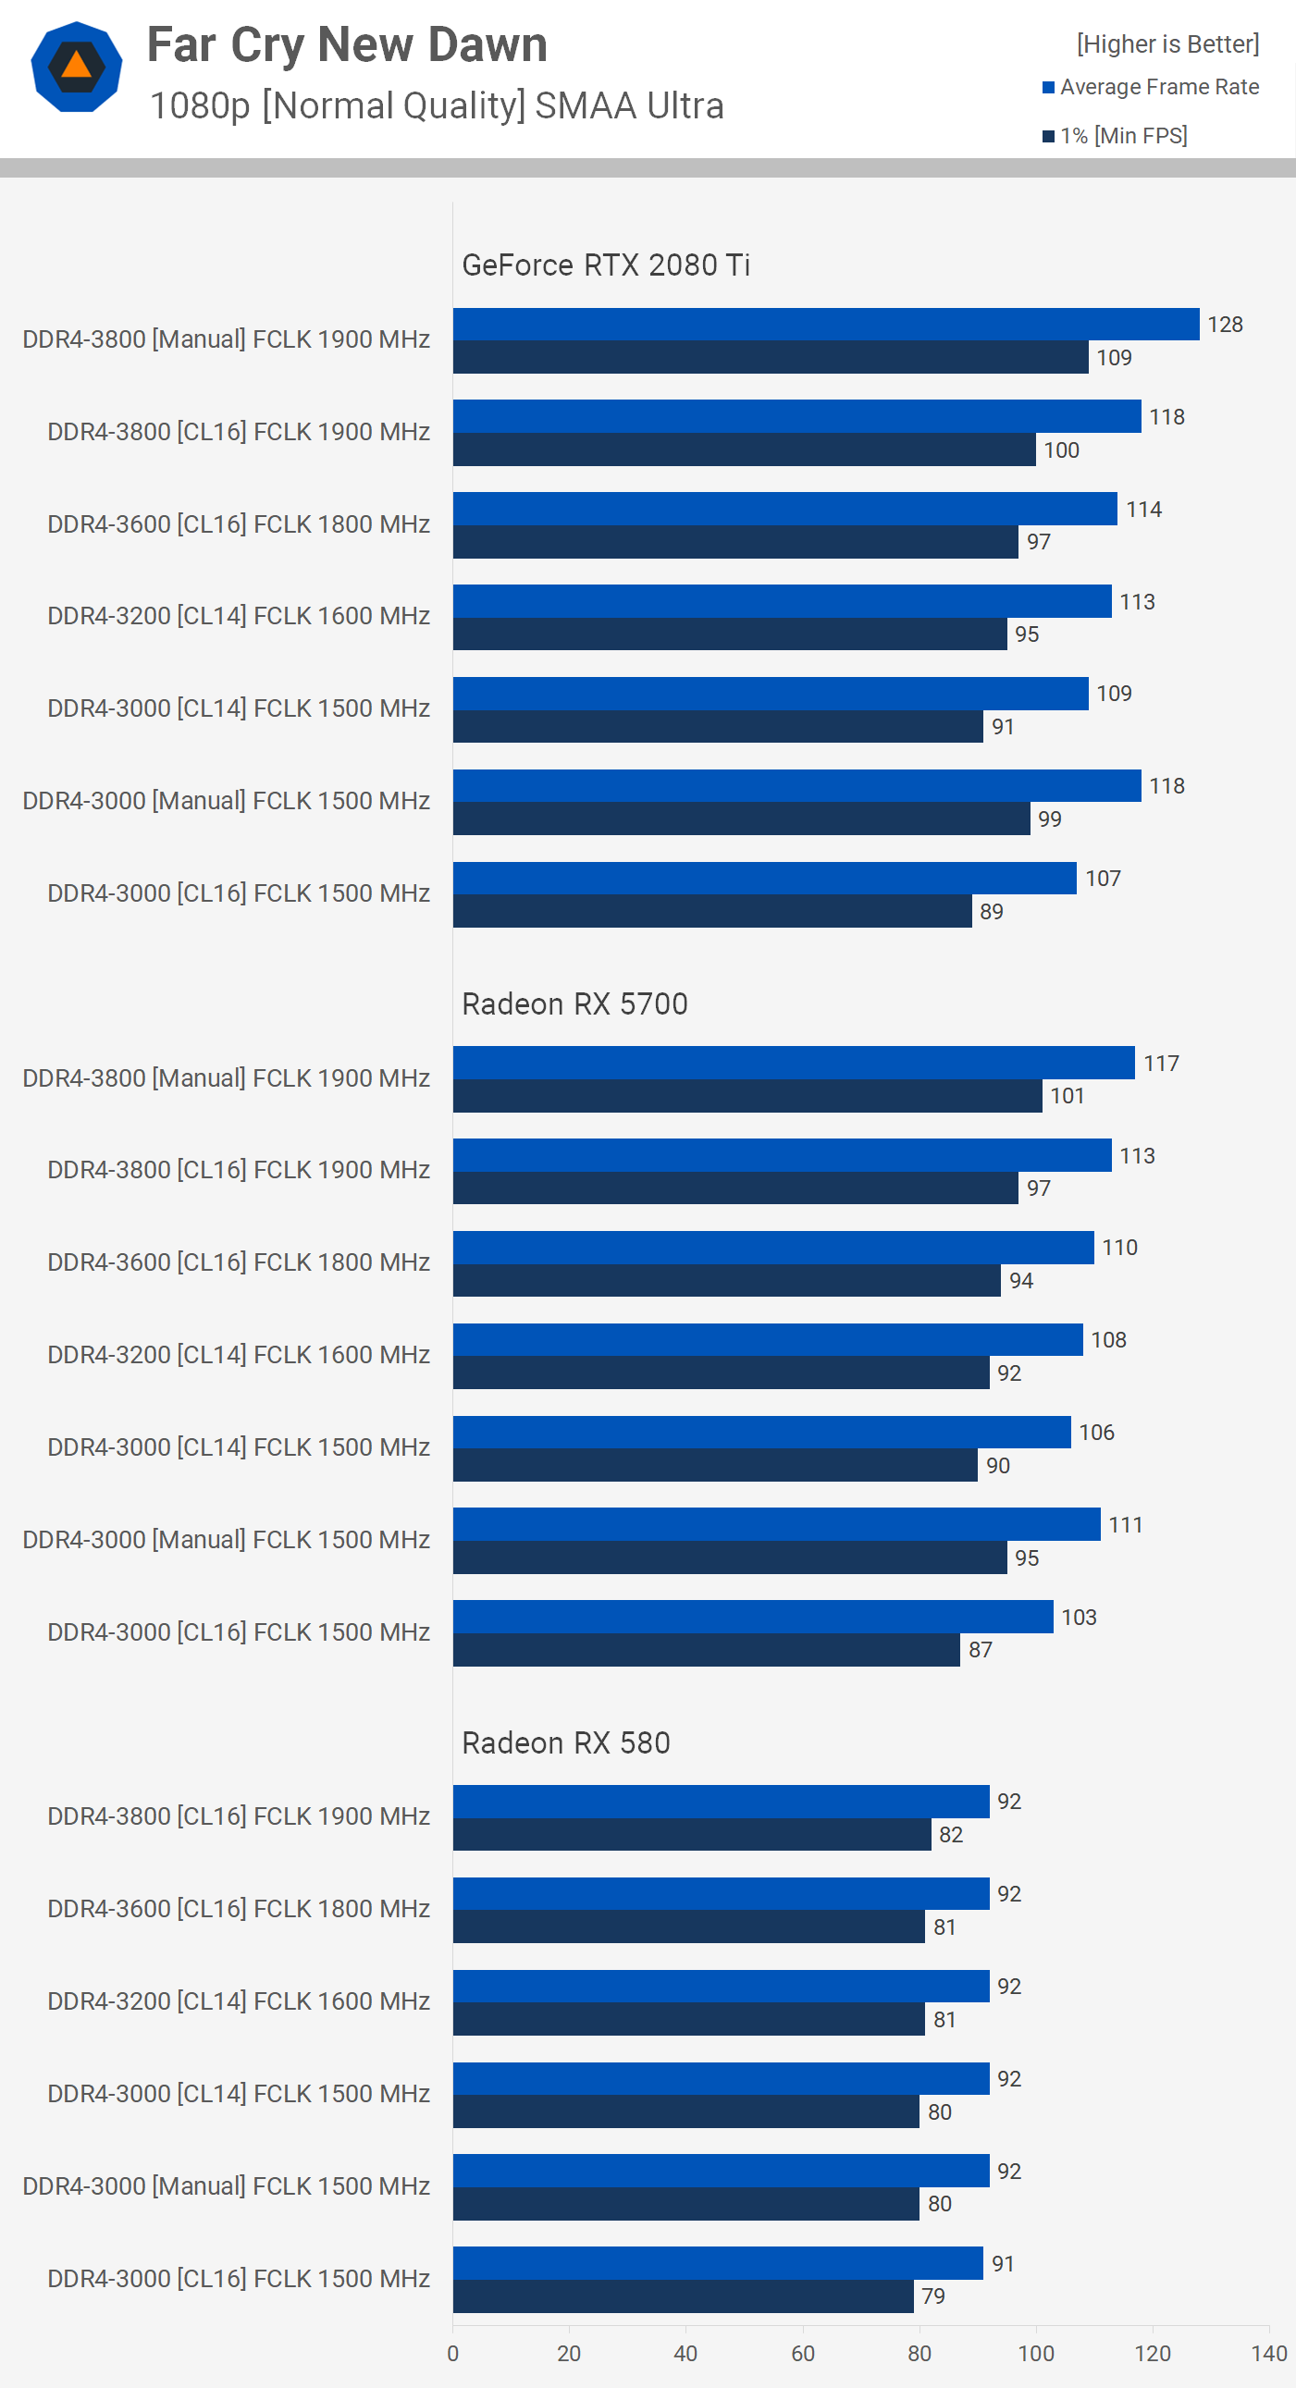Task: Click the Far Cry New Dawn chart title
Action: click(347, 44)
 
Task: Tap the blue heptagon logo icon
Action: click(76, 67)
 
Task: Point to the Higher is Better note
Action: click(1167, 43)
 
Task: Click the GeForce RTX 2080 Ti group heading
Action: click(605, 265)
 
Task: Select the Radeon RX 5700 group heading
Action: click(574, 1004)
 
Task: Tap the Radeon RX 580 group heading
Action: click(565, 1742)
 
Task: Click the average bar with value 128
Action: click(825, 325)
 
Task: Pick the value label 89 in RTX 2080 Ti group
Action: click(991, 911)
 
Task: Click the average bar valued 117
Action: click(794, 1063)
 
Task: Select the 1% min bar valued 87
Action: click(707, 1650)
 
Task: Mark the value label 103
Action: click(1078, 1617)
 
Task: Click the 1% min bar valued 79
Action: click(684, 2296)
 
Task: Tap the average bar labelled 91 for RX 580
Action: click(718, 2263)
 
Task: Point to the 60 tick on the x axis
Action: click(803, 2354)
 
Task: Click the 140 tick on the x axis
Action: click(1268, 2354)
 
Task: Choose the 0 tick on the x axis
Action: click(452, 2354)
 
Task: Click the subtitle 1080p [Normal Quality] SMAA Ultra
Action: click(436, 105)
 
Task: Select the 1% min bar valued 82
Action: click(692, 1835)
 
